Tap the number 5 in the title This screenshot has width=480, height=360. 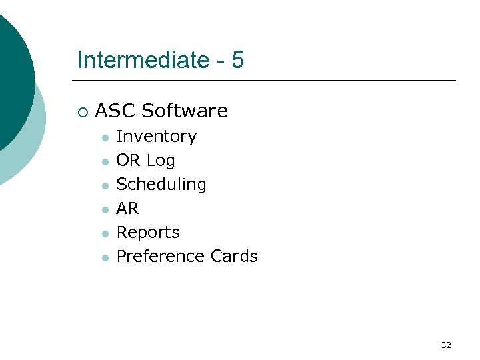tap(238, 61)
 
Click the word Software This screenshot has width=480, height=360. tap(185, 111)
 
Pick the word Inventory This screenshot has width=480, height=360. tap(157, 137)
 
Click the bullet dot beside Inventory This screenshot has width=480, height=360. tap(105, 138)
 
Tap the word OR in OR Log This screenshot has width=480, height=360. tap(128, 161)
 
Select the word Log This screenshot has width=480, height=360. tap(161, 161)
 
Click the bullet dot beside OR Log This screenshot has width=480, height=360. tap(105, 162)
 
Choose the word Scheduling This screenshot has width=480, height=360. tap(161, 185)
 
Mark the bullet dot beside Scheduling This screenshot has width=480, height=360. tap(105, 186)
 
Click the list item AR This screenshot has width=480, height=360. tap(127, 209)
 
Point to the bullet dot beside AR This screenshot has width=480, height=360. tap(105, 210)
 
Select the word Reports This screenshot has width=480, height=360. tap(148, 233)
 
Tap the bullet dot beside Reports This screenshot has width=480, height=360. tap(105, 234)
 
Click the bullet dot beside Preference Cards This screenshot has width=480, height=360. tap(105, 258)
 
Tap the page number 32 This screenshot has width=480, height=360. tap(446, 345)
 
